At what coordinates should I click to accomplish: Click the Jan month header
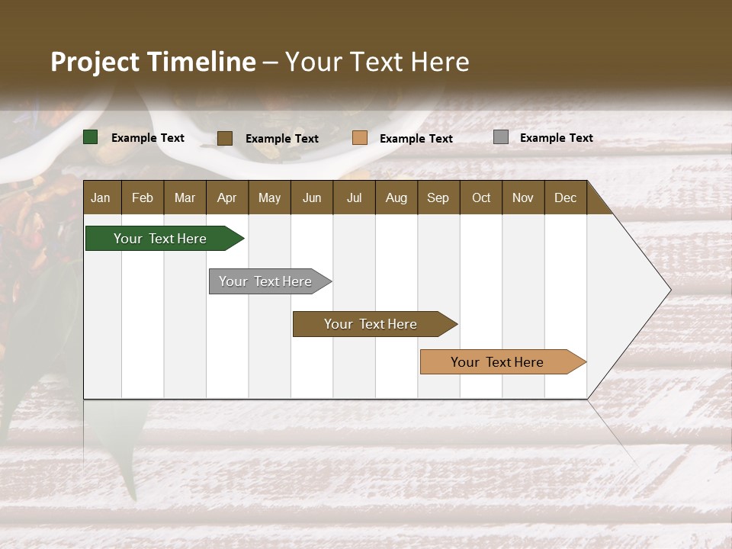pos(101,197)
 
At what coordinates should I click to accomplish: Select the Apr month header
pos(226,197)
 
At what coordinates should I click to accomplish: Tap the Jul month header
pos(354,197)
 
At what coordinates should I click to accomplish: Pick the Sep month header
pos(438,197)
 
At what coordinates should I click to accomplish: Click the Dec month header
pos(565,197)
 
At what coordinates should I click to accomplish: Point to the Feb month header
pos(143,197)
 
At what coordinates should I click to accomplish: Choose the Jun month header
pos(312,197)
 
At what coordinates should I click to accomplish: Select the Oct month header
pos(481,197)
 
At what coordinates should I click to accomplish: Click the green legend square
pos(91,137)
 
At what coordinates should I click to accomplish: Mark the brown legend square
pos(225,138)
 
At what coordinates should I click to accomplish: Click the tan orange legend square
pos(360,138)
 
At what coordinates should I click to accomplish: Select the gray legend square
pos(501,137)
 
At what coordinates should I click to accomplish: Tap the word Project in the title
pos(95,62)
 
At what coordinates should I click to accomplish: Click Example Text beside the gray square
pos(556,138)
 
